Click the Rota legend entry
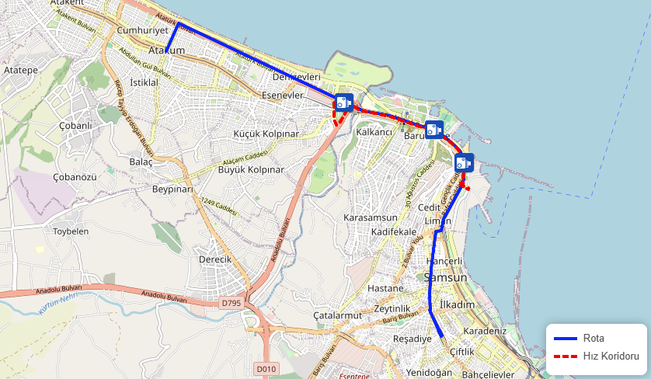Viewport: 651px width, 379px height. (x=594, y=338)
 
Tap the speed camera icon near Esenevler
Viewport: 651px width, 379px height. (x=344, y=103)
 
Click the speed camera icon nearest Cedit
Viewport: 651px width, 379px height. (x=464, y=162)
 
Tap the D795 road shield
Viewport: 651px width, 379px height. (x=231, y=303)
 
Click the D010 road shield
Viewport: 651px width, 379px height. (x=266, y=368)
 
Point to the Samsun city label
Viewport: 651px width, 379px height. (x=446, y=277)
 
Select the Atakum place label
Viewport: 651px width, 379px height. (x=166, y=50)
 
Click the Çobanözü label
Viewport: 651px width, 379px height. (x=75, y=177)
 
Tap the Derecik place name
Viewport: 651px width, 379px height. (x=215, y=259)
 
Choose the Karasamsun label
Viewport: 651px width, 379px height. (x=371, y=218)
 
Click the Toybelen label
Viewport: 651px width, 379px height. (x=71, y=231)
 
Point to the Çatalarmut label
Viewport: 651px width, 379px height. (x=338, y=316)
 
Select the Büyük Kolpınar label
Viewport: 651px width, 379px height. (x=251, y=169)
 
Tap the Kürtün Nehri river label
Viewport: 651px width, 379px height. (x=59, y=303)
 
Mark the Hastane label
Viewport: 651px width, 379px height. (x=385, y=288)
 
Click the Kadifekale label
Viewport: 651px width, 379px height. (x=395, y=232)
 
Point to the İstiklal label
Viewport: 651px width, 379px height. (x=144, y=82)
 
